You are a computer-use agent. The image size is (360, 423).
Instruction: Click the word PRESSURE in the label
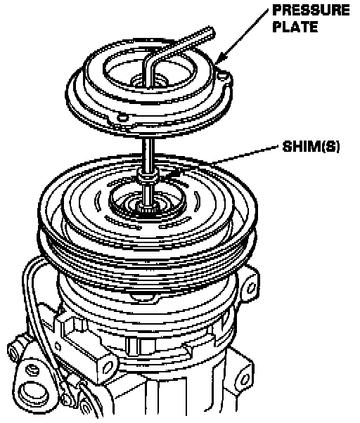pos(311,11)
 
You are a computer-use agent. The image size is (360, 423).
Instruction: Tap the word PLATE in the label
pos(295,27)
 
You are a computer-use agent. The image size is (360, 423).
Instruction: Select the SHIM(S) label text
pos(311,147)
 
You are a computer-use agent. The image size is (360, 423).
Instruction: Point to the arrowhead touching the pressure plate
pos(219,59)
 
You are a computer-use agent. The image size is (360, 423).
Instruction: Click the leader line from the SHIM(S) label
pos(245,155)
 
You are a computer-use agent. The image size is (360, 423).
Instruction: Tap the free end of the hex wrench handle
pos(211,32)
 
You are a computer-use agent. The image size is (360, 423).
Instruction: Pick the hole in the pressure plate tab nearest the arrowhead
pos(223,77)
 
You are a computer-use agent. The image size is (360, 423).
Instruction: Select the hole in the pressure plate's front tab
pos(122,118)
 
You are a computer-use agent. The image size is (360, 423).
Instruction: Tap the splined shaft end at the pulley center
pos(146,209)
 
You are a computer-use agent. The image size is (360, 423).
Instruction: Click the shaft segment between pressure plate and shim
pos(148,153)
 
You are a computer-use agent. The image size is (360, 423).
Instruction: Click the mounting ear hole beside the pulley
pos(251,287)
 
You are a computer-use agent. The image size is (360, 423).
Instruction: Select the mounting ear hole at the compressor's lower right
pos(244,379)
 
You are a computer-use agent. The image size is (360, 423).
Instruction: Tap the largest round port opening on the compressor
pos(30,393)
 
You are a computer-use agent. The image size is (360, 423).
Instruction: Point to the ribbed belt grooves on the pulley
pos(148,259)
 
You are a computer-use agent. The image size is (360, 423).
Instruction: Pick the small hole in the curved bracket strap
pos(58,346)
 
